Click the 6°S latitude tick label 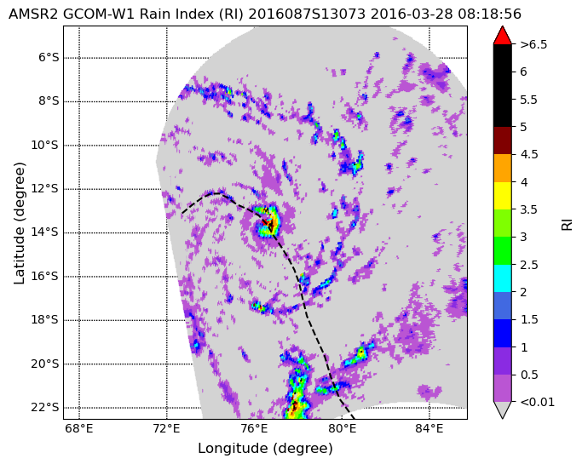point(49,58)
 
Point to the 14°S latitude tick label point(45,232)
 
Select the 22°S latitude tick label point(45,408)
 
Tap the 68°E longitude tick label point(79,429)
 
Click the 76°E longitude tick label point(254,429)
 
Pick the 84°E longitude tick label point(429,429)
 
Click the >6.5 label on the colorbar point(533,44)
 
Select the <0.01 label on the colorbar point(537,402)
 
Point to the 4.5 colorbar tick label point(529,154)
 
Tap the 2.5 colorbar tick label point(529,265)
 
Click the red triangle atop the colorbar point(503,35)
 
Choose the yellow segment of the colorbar point(503,196)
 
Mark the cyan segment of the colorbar point(503,278)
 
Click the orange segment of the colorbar point(503,168)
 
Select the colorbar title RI point(568,225)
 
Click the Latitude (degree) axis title point(20,223)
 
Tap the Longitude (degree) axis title point(265,449)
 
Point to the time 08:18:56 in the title point(489,14)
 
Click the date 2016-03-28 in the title point(412,14)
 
